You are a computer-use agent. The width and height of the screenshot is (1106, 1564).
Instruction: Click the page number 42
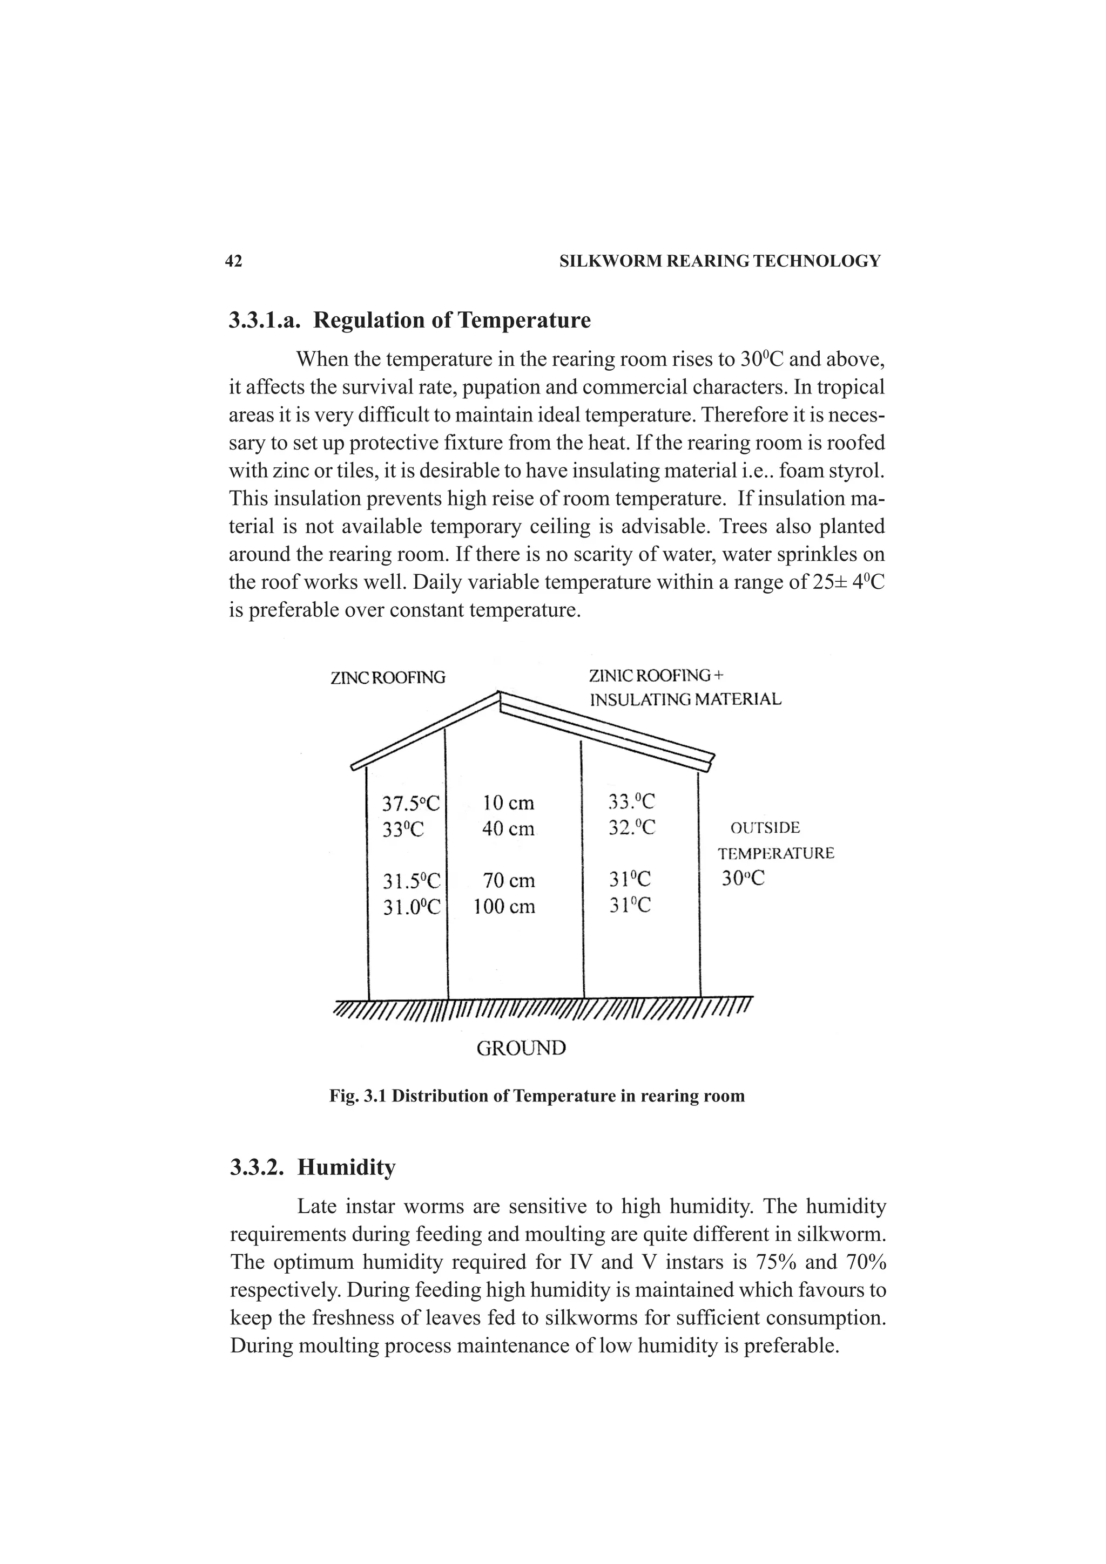pyautogui.click(x=233, y=261)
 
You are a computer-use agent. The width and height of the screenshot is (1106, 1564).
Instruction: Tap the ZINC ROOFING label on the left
pyautogui.click(x=387, y=678)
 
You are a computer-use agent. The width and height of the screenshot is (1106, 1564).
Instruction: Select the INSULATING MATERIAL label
pyautogui.click(x=685, y=699)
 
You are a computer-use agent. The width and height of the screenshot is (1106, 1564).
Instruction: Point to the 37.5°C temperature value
pyautogui.click(x=410, y=804)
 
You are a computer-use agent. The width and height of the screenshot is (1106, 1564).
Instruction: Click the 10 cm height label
pyautogui.click(x=508, y=803)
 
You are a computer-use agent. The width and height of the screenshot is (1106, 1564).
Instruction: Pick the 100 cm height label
pyautogui.click(x=504, y=907)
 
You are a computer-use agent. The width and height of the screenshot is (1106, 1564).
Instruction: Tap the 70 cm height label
pyautogui.click(x=508, y=881)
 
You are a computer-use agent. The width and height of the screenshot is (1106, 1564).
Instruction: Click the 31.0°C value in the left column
pyautogui.click(x=411, y=907)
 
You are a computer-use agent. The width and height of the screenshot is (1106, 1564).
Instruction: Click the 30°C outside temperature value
pyautogui.click(x=743, y=879)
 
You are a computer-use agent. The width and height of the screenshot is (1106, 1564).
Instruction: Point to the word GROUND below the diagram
pyautogui.click(x=521, y=1048)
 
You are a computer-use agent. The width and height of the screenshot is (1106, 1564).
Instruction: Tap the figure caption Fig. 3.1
pyautogui.click(x=536, y=1096)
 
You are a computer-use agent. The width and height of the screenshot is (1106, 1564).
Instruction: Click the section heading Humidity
pyautogui.click(x=346, y=1167)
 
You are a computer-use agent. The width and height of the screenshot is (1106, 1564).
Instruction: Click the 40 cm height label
pyautogui.click(x=508, y=829)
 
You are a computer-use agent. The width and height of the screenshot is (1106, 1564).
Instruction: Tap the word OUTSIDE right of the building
pyautogui.click(x=765, y=828)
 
